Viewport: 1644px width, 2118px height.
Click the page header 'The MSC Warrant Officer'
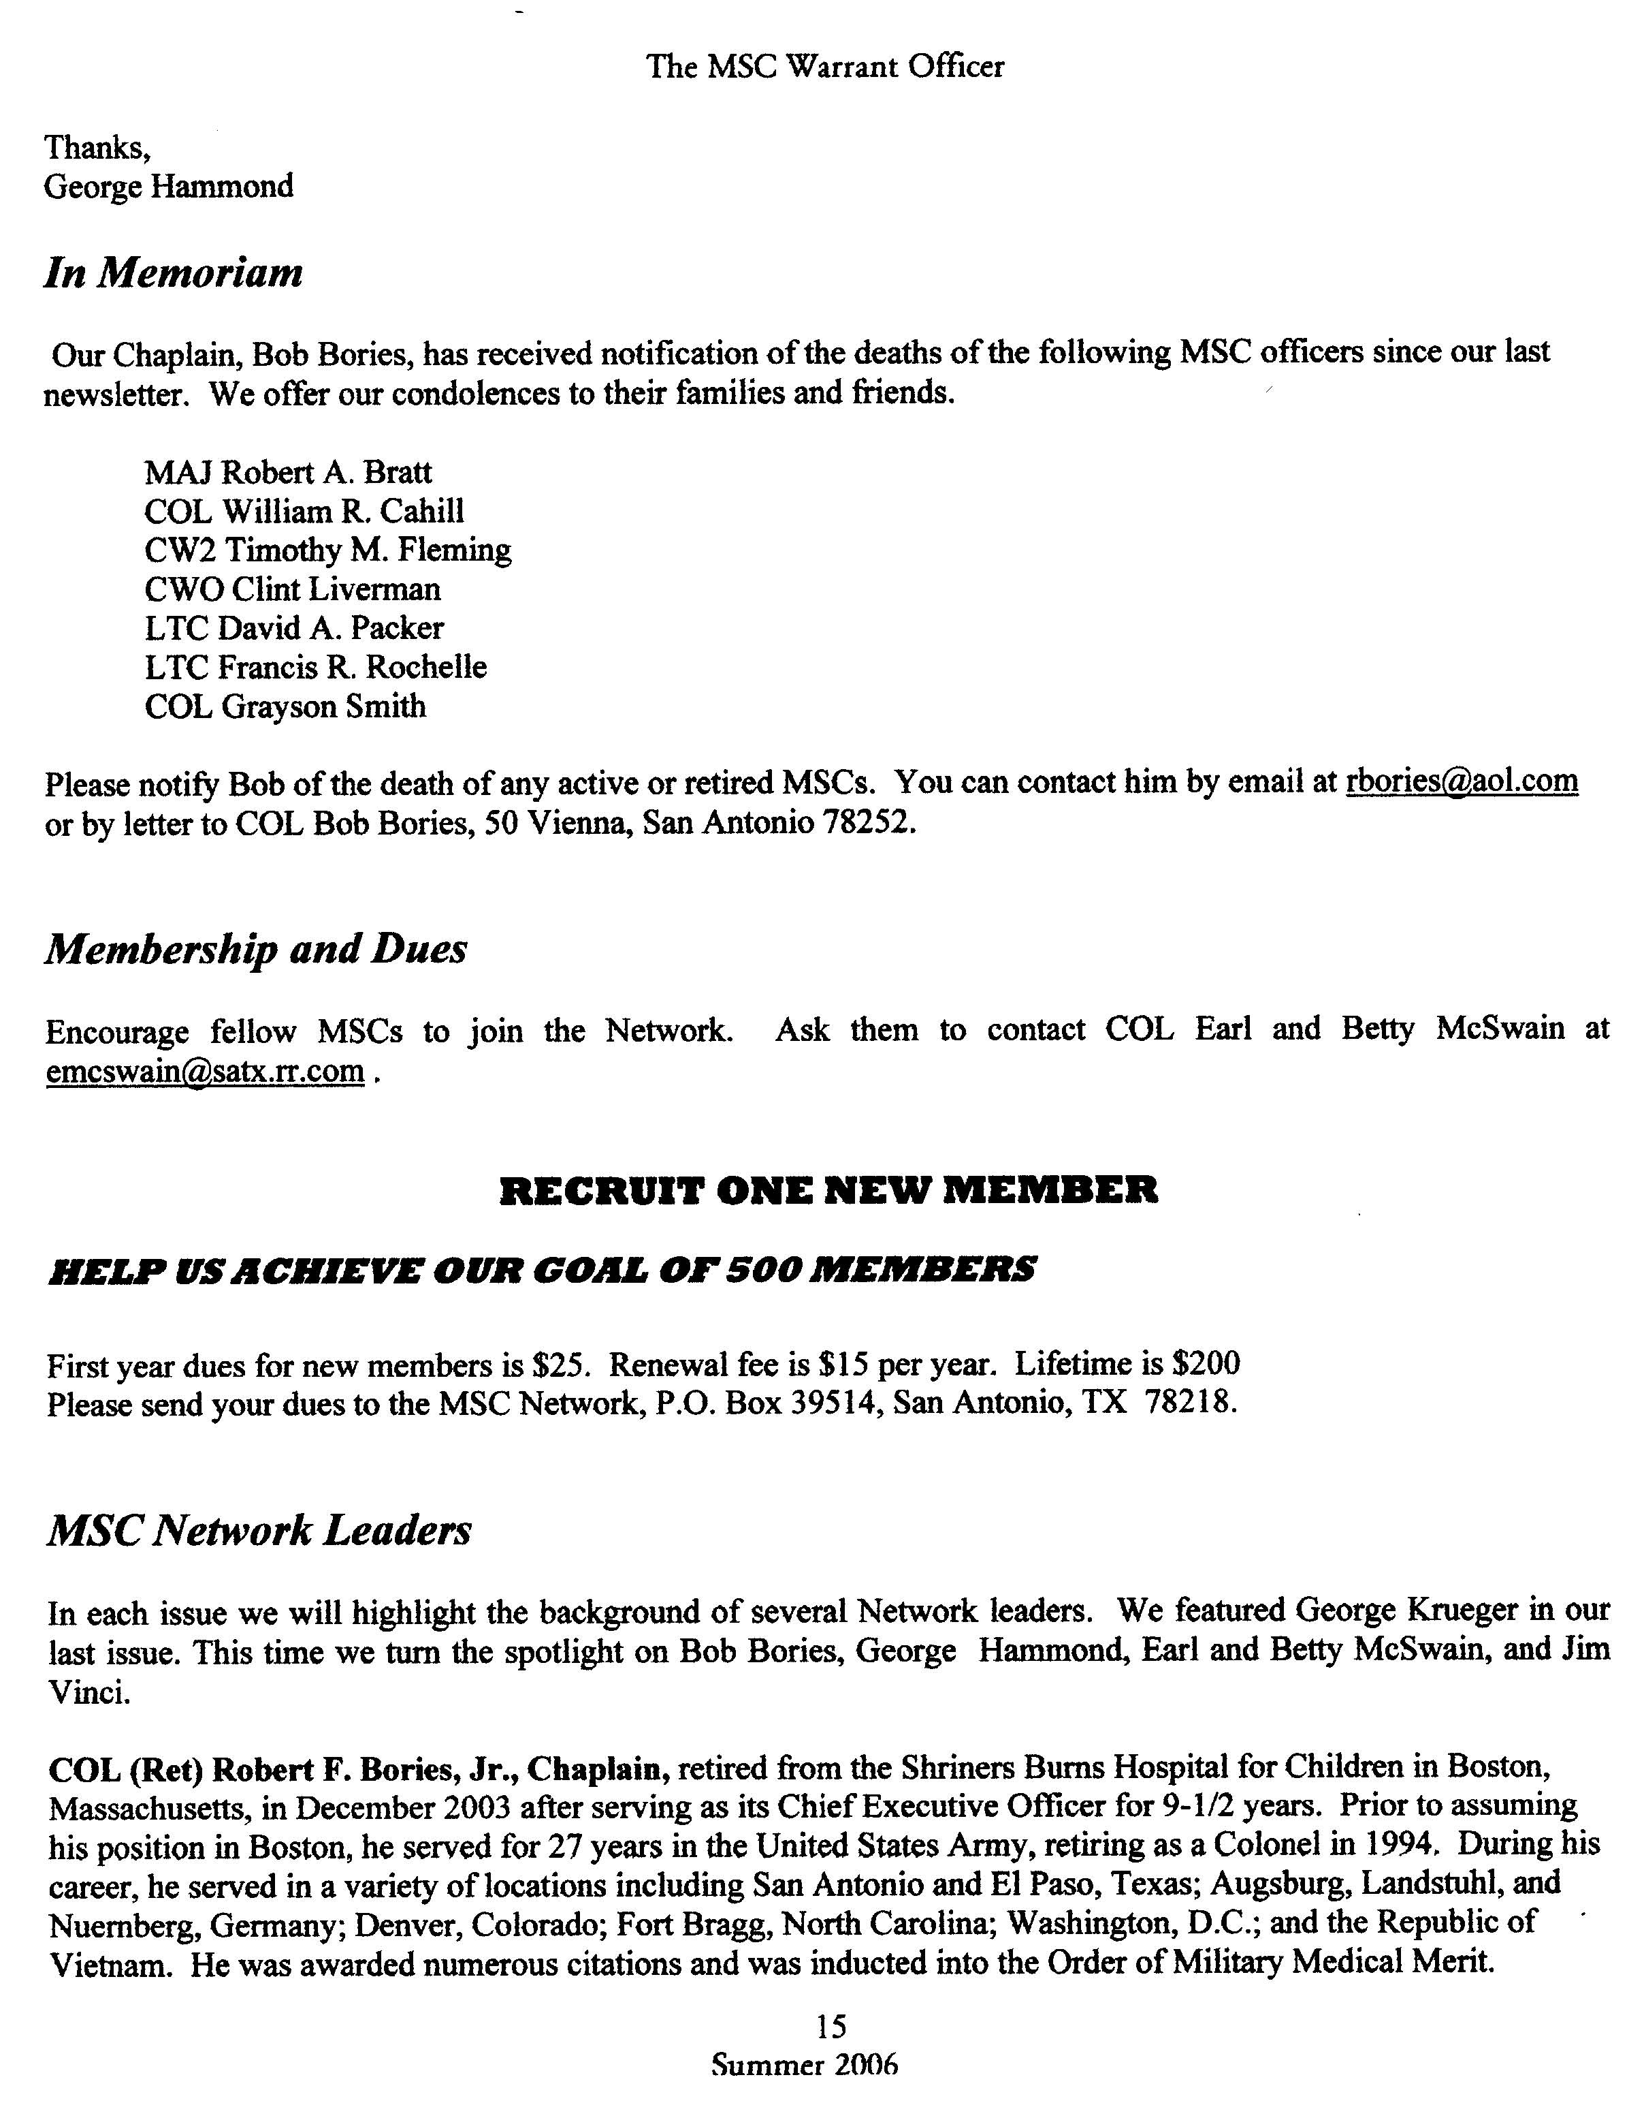click(x=825, y=66)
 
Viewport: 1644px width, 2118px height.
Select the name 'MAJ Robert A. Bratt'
click(x=288, y=472)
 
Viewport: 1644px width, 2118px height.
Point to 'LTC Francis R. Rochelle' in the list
click(x=316, y=667)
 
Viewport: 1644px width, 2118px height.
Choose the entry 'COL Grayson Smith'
click(x=285, y=706)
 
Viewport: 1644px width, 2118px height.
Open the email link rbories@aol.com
click(x=1462, y=781)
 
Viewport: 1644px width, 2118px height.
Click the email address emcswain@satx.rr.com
click(x=206, y=1071)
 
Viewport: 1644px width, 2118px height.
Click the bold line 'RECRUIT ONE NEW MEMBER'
click(x=828, y=1190)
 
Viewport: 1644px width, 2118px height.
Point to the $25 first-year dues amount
click(x=561, y=1365)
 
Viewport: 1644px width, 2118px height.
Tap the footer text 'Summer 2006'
click(x=805, y=2064)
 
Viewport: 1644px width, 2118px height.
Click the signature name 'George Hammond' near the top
click(x=169, y=185)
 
